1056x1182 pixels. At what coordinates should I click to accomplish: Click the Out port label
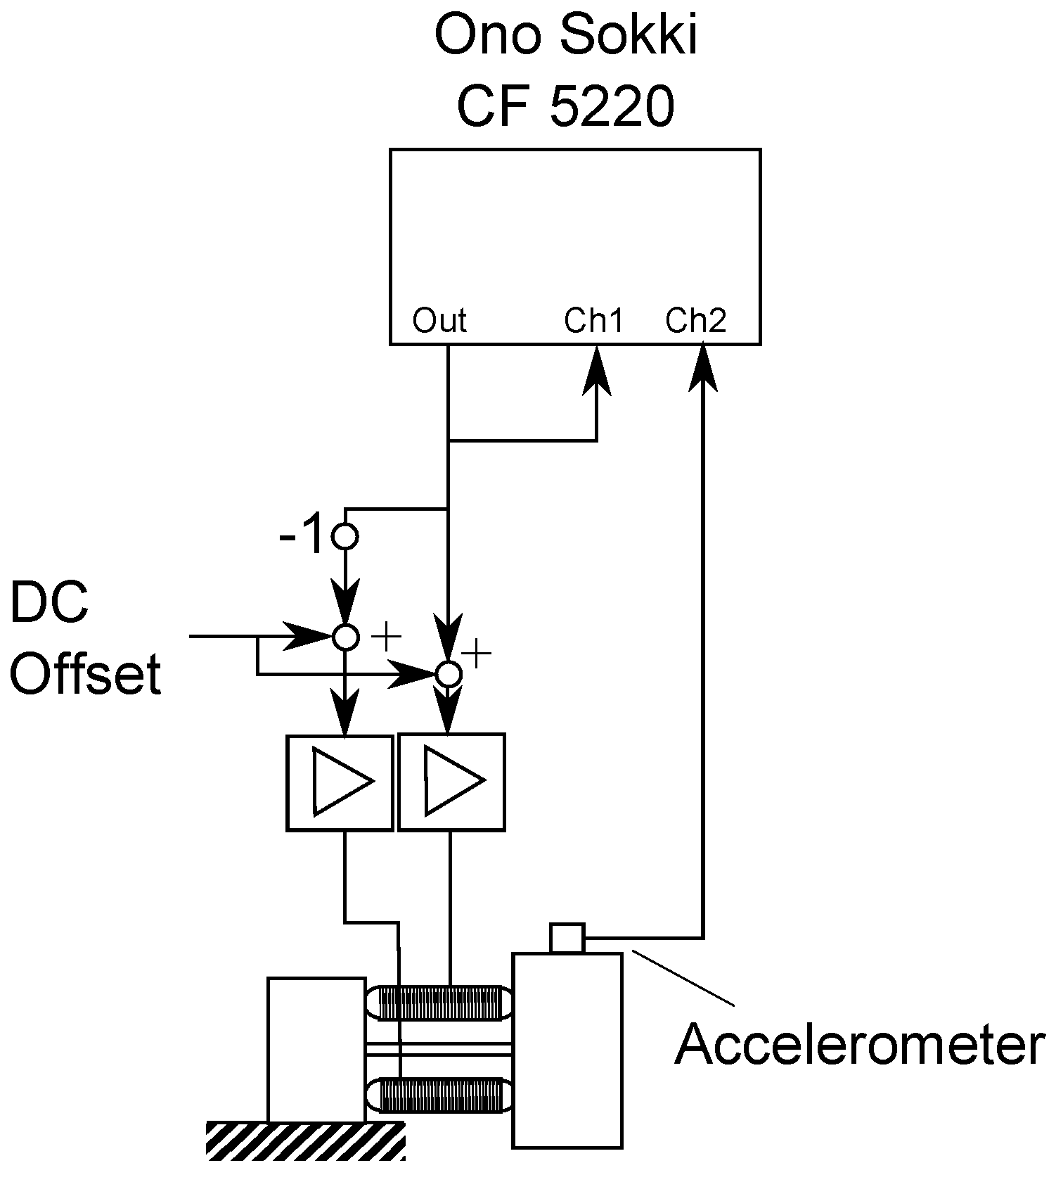pyautogui.click(x=439, y=321)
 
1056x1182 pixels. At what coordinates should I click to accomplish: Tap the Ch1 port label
pyautogui.click(x=594, y=321)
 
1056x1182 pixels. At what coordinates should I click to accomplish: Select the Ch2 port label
pyautogui.click(x=696, y=321)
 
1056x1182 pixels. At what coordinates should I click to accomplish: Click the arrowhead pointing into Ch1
pyautogui.click(x=597, y=371)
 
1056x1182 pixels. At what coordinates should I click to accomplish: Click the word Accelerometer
pyautogui.click(x=859, y=1044)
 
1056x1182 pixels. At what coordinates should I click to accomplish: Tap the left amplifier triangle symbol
pyautogui.click(x=340, y=782)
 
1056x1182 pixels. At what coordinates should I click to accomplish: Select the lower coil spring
pyautogui.click(x=442, y=1095)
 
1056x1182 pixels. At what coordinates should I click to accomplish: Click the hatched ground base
pyautogui.click(x=306, y=1140)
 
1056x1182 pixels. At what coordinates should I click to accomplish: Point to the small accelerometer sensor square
pyautogui.click(x=567, y=938)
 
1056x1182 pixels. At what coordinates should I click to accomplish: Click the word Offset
pyautogui.click(x=86, y=673)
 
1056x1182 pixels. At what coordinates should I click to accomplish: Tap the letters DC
pyautogui.click(x=49, y=603)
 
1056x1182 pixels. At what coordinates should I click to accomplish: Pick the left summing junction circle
pyautogui.click(x=345, y=637)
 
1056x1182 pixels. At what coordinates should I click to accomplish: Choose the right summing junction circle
pyautogui.click(x=449, y=674)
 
